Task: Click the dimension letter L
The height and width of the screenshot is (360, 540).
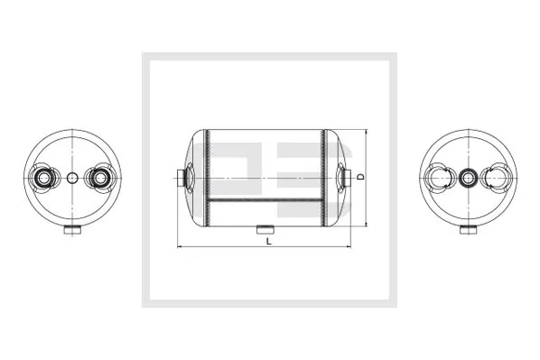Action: pyautogui.click(x=269, y=241)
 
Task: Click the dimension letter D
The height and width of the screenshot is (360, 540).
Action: pyautogui.click(x=360, y=178)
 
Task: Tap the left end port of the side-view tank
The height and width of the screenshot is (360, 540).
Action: pyautogui.click(x=184, y=178)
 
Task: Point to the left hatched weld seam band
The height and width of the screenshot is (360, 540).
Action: pyautogui.click(x=206, y=178)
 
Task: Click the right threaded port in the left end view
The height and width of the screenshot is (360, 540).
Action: pyautogui.click(x=98, y=179)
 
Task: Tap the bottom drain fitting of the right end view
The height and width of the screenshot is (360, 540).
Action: pyautogui.click(x=467, y=233)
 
